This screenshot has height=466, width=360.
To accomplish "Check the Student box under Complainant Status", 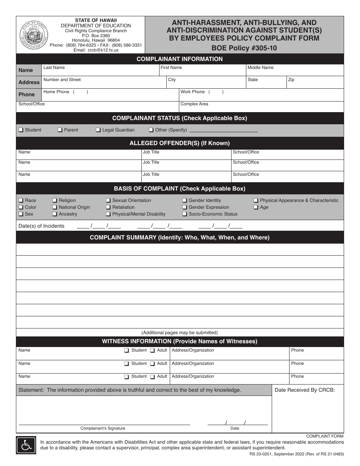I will click(x=21, y=130).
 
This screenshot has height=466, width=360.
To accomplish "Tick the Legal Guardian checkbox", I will click(x=99, y=130).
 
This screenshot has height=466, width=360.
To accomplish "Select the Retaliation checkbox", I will click(x=108, y=207).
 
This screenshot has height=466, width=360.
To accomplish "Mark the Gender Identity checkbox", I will click(x=185, y=200).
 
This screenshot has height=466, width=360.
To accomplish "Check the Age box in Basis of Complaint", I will click(x=256, y=207).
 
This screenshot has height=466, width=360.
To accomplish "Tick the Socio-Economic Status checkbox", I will click(x=185, y=214).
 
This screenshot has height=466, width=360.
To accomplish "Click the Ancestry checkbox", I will click(x=55, y=214).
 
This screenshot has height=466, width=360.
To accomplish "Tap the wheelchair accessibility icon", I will click(x=26, y=445).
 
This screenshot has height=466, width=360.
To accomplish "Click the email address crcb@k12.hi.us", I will click(x=96, y=50).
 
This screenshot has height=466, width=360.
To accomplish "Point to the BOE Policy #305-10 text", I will click(x=244, y=48).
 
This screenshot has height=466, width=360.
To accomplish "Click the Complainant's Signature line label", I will click(x=103, y=428).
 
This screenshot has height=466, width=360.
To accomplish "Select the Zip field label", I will click(x=291, y=80).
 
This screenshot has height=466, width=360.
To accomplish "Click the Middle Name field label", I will click(x=260, y=67).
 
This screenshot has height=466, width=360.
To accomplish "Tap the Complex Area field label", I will click(x=194, y=104).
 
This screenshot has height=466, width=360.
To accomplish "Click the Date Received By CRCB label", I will click(x=305, y=390).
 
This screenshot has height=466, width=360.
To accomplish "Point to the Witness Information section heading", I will click(x=180, y=341).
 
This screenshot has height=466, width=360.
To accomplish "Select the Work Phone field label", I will click(x=193, y=92).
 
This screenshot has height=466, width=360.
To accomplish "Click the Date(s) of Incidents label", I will click(x=41, y=226).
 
